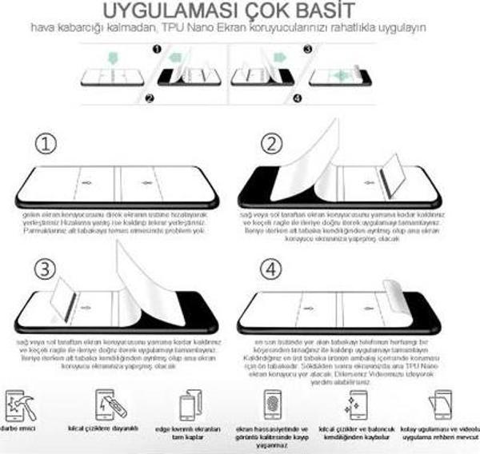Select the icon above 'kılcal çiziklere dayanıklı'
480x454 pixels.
point(108,404)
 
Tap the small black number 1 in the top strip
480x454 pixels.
point(157,49)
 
